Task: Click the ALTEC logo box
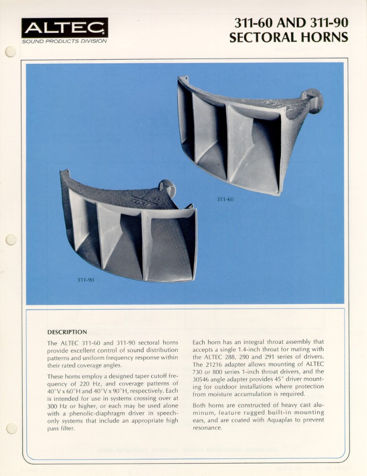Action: point(65,27)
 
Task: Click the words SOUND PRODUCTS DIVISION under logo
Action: point(65,41)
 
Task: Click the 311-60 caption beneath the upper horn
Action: point(225,199)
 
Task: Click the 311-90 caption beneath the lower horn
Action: point(86,280)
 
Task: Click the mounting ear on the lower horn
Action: point(167,188)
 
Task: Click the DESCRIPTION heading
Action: point(67,332)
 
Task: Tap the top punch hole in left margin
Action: point(10,52)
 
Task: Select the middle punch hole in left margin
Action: point(10,240)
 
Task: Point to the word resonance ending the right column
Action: point(207,428)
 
